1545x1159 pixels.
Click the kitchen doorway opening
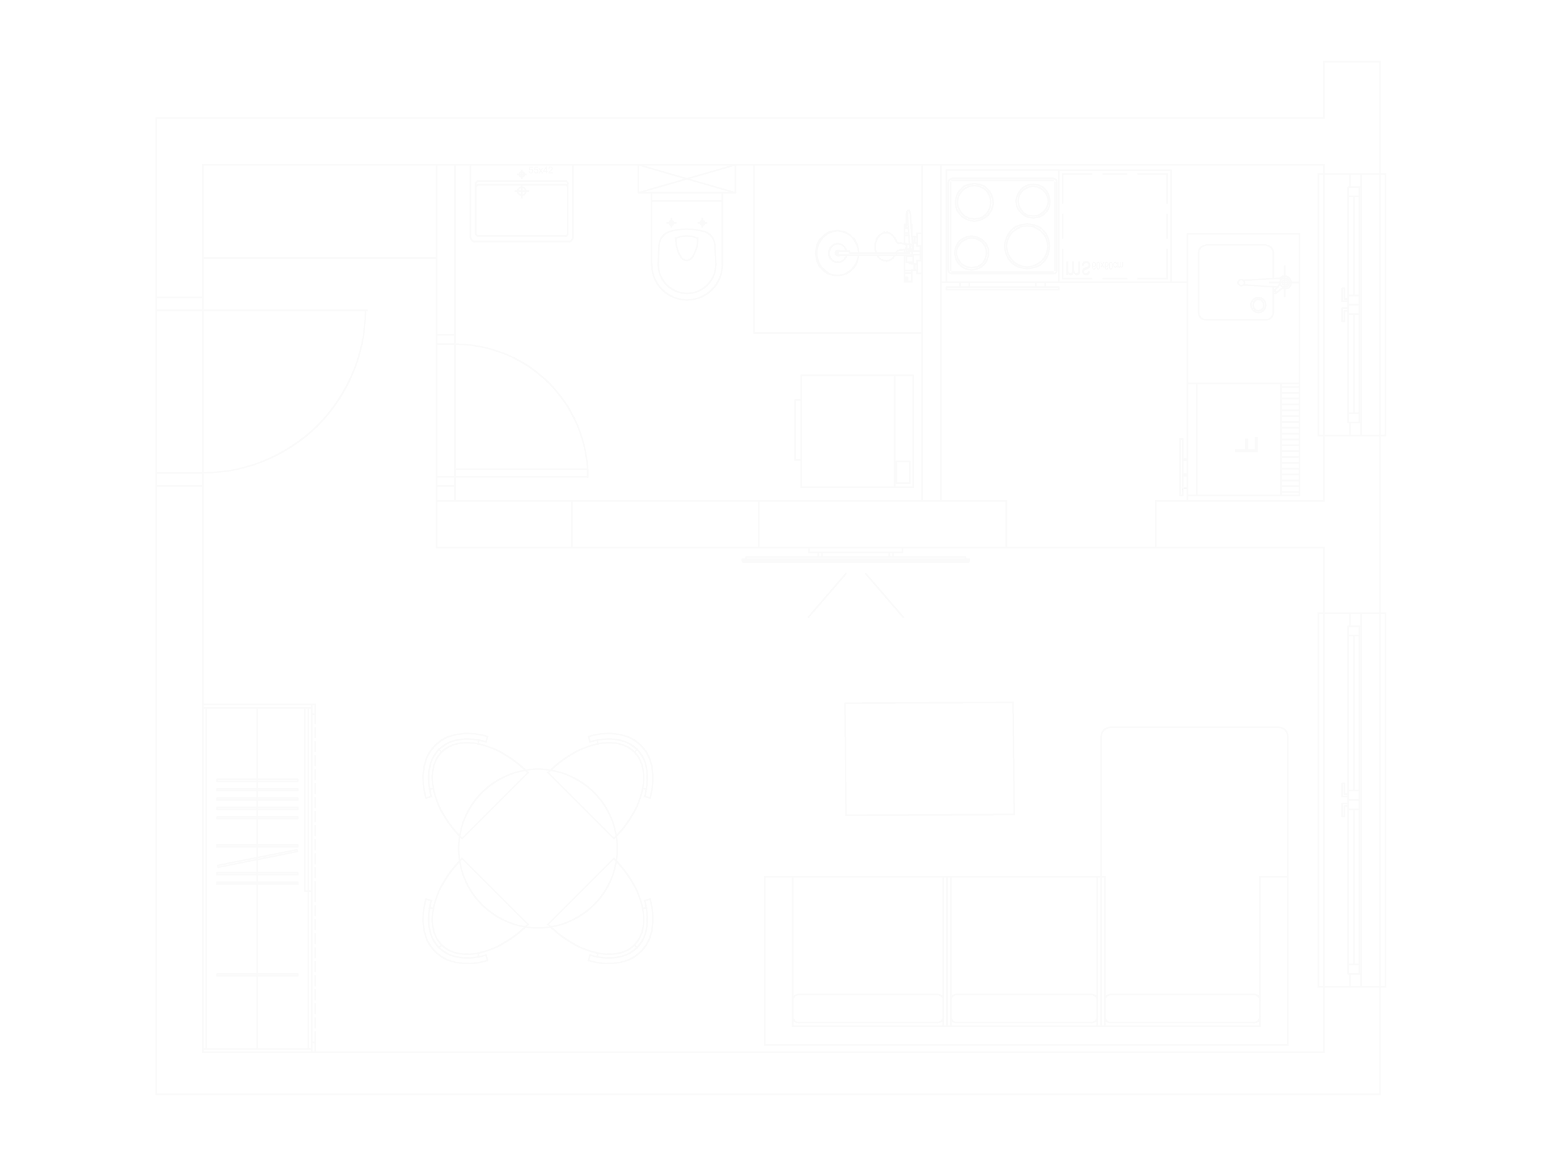click(x=1080, y=524)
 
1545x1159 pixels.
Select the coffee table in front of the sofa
click(x=929, y=758)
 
